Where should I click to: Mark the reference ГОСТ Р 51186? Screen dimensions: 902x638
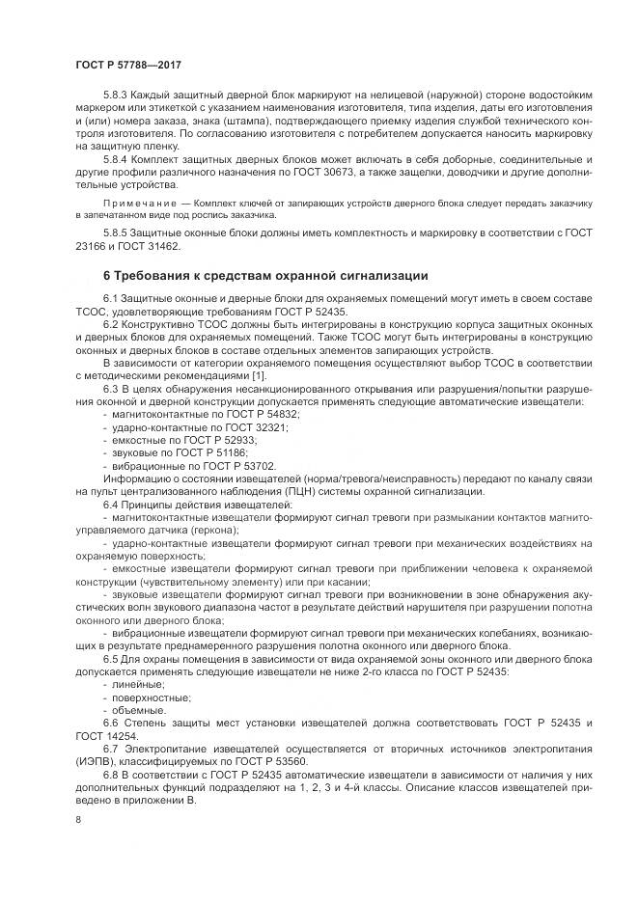click(x=217, y=438)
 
